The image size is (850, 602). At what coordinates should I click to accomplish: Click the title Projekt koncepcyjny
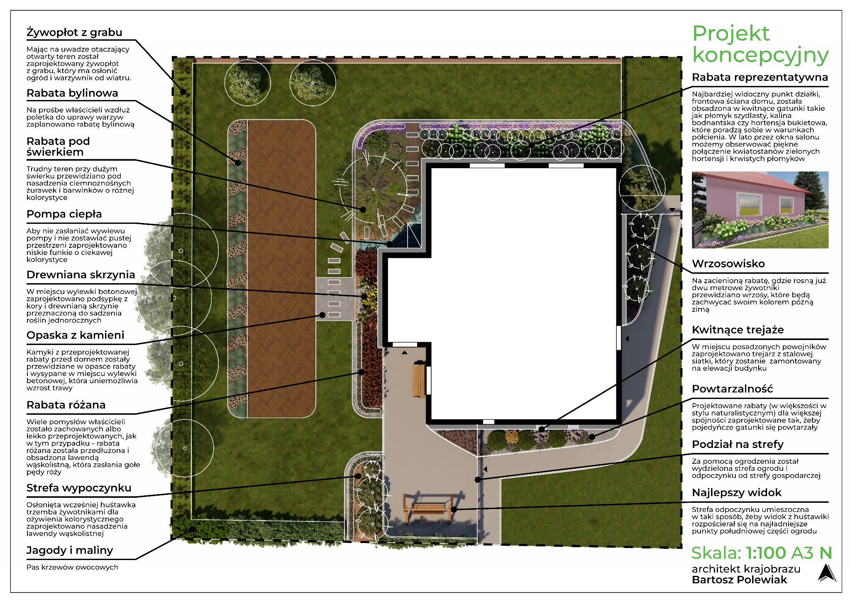pos(760,44)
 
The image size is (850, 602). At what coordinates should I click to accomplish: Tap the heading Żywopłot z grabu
pos(74,32)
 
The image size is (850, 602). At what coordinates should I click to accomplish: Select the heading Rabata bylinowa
pos(72,93)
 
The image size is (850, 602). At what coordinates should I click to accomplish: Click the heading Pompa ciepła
pos(64,214)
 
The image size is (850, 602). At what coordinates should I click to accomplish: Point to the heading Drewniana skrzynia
pos(81,275)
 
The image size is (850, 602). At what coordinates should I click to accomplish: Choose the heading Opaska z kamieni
pos(75,335)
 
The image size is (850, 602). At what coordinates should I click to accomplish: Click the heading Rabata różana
pos(66,405)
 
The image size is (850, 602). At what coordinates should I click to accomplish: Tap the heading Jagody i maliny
pos(70,551)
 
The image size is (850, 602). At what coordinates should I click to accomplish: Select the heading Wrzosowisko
pos(728,264)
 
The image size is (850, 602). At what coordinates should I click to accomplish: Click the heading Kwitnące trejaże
pos(738,330)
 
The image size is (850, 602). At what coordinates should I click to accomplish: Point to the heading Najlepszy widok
pos(736,493)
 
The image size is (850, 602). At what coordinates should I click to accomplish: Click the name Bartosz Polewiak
pos(739,580)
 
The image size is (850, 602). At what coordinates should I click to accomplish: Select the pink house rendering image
pos(760,210)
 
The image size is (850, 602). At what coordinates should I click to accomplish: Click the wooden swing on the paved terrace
pos(427,509)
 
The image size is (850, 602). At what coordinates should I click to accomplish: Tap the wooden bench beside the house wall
pos(419,379)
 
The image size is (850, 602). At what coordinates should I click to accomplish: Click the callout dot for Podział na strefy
pos(478,480)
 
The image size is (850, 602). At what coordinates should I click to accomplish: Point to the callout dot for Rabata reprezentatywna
pos(531,145)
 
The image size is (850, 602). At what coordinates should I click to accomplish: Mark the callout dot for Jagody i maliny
pos(193,529)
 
